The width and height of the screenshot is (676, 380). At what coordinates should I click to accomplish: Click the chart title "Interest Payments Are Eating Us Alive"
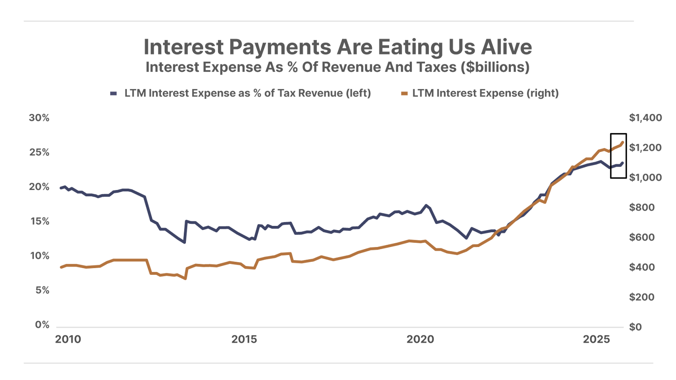click(x=338, y=47)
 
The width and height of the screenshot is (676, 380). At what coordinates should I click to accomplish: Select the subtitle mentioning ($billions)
click(x=338, y=67)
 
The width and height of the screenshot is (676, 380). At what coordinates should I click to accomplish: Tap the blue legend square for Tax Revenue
click(x=113, y=93)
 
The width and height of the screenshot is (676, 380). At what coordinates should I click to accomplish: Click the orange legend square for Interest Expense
click(x=404, y=93)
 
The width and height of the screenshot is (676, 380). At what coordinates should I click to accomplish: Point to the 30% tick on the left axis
click(x=39, y=118)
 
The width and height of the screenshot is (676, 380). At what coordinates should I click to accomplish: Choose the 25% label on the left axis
click(x=39, y=152)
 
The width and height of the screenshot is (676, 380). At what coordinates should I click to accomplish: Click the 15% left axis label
click(x=39, y=221)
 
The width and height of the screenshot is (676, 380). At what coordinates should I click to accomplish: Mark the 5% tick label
click(x=42, y=290)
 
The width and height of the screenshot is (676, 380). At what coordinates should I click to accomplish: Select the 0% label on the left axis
click(x=42, y=325)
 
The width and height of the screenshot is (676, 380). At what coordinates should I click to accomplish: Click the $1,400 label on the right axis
click(x=645, y=118)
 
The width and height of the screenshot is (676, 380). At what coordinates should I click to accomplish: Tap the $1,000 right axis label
click(x=645, y=177)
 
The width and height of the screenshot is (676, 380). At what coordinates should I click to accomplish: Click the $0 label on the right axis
click(x=635, y=327)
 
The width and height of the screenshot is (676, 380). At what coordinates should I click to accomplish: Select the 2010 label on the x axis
click(x=68, y=339)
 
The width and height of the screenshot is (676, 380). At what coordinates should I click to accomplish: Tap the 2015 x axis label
click(x=244, y=339)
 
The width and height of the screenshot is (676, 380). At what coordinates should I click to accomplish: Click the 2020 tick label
click(x=420, y=339)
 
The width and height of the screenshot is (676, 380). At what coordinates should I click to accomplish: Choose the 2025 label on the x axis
click(x=596, y=339)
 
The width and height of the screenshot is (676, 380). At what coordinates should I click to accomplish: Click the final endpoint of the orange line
click(x=622, y=142)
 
